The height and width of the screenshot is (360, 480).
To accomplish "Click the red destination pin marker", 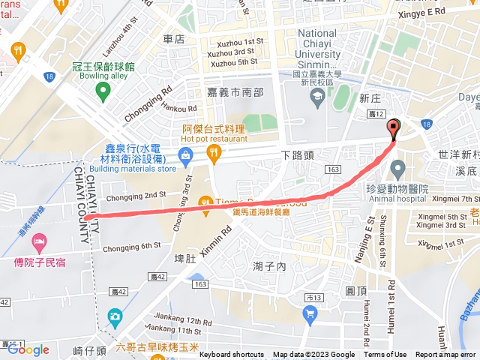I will tap(394, 129).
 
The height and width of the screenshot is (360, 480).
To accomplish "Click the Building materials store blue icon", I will tap(184, 155).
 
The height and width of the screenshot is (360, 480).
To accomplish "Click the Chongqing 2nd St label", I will tap(136, 195).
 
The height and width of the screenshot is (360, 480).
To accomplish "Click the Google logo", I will tap(28, 349).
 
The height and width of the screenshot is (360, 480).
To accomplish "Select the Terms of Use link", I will tap(385, 355).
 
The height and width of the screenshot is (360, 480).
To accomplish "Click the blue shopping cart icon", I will tap(310, 316).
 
